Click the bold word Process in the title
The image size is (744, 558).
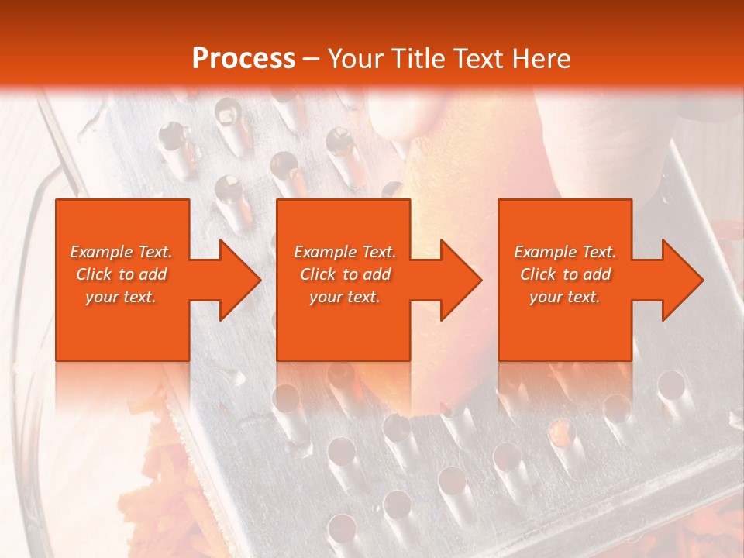pos(243,58)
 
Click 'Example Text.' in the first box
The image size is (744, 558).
pos(121,252)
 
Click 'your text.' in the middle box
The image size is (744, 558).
pos(344,297)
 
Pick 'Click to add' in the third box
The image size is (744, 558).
pos(566,274)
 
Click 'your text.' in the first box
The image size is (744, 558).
pos(121,297)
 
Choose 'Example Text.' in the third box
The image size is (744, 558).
pos(565,252)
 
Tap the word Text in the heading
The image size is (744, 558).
pos(479,58)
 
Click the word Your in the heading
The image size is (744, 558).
pos(356,58)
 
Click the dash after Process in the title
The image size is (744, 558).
pos(312,60)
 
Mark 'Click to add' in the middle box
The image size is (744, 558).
pos(345,274)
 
